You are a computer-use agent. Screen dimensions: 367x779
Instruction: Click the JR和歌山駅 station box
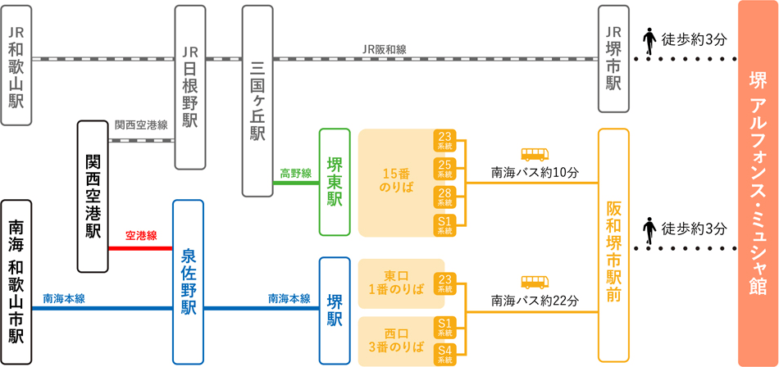(x=16, y=65)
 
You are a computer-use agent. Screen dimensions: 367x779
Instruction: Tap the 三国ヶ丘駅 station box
(x=257, y=100)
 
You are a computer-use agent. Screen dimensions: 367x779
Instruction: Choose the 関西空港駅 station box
(x=93, y=197)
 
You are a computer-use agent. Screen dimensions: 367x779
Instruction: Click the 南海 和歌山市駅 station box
(x=16, y=281)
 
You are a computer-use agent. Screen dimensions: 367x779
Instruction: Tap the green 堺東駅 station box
(x=335, y=182)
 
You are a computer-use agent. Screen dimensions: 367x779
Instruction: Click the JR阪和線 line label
(x=384, y=49)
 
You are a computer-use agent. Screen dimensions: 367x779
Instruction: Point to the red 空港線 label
(x=139, y=236)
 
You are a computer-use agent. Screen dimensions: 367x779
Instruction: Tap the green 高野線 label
(x=295, y=173)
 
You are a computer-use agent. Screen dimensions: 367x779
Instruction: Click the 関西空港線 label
(x=141, y=125)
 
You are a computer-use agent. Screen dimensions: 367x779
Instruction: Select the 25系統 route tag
(x=445, y=169)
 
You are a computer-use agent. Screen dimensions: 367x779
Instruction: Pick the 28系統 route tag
(x=445, y=197)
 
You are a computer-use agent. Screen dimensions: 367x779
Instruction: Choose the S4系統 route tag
(x=445, y=354)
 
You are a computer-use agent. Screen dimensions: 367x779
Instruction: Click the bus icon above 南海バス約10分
(x=535, y=154)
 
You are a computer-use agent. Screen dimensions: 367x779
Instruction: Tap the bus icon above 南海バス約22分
(x=535, y=283)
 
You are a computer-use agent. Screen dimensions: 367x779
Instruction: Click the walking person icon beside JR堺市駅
(x=649, y=41)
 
